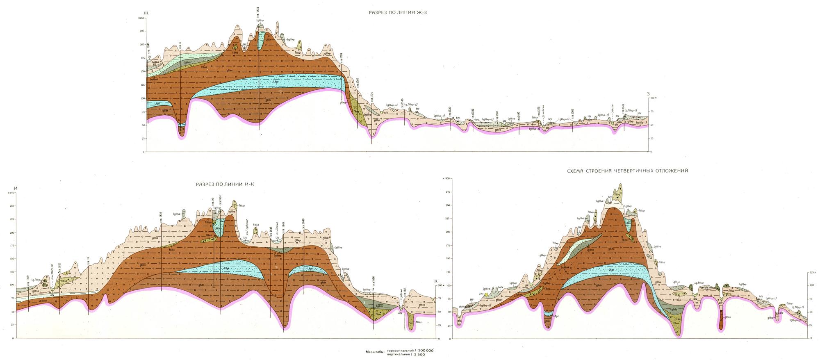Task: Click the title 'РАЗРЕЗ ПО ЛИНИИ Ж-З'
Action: point(395,13)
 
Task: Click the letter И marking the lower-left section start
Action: point(16,188)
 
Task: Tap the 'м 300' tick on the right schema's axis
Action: point(446,179)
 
